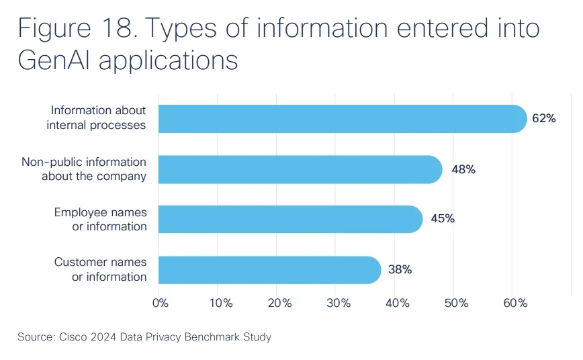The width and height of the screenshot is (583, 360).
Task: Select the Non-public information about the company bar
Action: pyautogui.click(x=300, y=169)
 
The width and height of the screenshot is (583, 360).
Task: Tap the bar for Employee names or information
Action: pyautogui.click(x=290, y=220)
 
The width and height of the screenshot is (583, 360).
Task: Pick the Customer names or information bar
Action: pyautogui.click(x=269, y=270)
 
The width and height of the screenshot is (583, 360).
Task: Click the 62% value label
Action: pyautogui.click(x=543, y=119)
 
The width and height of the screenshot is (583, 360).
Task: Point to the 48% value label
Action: pyautogui.click(x=463, y=169)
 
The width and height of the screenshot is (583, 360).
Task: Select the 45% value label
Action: pyautogui.click(x=443, y=220)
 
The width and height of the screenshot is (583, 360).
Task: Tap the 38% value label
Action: pyautogui.click(x=400, y=270)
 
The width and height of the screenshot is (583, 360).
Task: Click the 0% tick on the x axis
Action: pyautogui.click(x=161, y=303)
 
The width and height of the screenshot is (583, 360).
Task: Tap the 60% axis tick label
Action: pyautogui.click(x=515, y=303)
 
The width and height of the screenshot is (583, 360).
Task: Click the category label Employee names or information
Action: pyautogui.click(x=100, y=220)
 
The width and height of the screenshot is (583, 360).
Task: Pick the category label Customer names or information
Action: pyautogui.click(x=100, y=270)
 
